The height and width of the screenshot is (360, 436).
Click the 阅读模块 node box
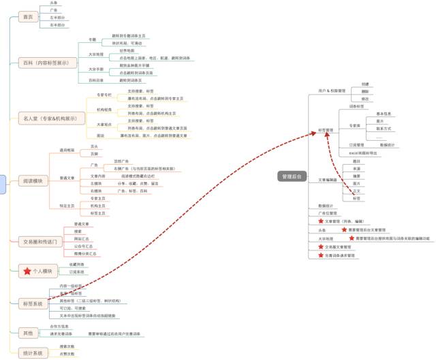(32, 181)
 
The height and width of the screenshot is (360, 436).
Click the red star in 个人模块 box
(28, 272)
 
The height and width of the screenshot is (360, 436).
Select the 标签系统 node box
(32, 304)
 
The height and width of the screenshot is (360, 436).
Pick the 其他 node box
(27, 333)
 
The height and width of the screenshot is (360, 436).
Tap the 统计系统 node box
(32, 353)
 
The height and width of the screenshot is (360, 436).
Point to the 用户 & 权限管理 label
(332, 91)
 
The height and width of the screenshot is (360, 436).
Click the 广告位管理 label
(328, 213)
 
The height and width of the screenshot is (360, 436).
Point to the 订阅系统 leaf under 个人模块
(77, 272)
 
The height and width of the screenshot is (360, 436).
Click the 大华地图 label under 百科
(95, 54)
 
